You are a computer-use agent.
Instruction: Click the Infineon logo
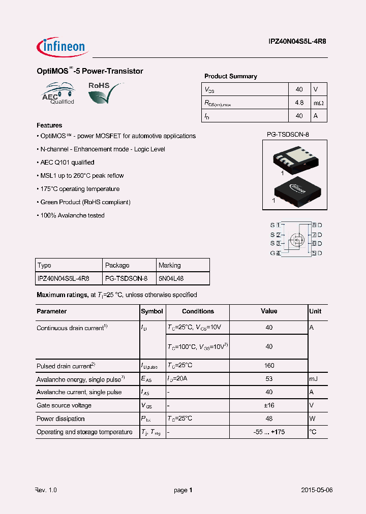point(63,47)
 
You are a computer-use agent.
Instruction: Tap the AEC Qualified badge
point(58,94)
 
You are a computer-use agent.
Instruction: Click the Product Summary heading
point(230,76)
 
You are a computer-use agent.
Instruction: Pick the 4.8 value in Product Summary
point(299,103)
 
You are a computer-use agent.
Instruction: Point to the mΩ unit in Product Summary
point(318,103)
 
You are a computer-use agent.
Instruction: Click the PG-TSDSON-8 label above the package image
point(288,135)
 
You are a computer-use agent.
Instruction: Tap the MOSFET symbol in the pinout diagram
point(296,238)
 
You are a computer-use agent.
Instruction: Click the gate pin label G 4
point(275,253)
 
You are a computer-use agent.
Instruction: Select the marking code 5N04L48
point(171,278)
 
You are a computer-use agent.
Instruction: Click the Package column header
point(117,265)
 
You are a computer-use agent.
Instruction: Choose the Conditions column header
point(198,311)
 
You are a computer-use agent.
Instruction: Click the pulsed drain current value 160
point(269,366)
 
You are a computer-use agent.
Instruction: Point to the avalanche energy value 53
point(269,379)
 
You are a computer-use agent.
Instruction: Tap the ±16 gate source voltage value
point(269,405)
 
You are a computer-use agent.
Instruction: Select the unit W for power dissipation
point(313,419)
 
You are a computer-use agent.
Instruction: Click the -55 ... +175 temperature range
point(269,432)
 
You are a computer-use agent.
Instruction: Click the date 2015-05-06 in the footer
point(317,490)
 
